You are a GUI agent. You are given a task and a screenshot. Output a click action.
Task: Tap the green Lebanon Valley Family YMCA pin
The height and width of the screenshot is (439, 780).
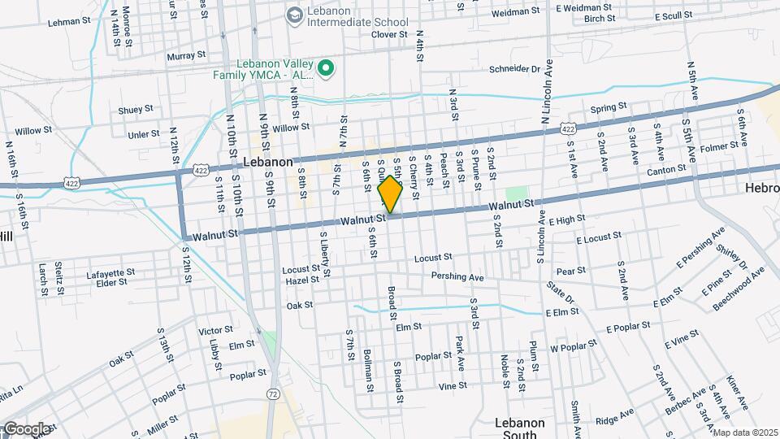pyautogui.click(x=326, y=68)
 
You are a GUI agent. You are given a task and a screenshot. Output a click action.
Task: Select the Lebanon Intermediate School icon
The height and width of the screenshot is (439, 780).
pyautogui.click(x=292, y=14)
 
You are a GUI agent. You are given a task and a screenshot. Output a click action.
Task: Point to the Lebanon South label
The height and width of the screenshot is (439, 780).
pyautogui.click(x=520, y=428)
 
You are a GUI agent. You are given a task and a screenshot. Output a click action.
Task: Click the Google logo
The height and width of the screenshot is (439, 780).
pyautogui.click(x=26, y=429)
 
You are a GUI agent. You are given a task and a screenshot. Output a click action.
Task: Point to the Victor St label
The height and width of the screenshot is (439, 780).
pyautogui.click(x=215, y=331)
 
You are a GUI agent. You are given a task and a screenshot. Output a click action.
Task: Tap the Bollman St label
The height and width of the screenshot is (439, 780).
pyautogui.click(x=368, y=367)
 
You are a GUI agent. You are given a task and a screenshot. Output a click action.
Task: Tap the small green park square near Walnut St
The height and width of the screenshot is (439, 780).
pyautogui.click(x=516, y=194)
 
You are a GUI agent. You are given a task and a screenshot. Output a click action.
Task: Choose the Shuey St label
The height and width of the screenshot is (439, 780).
pyautogui.click(x=136, y=109)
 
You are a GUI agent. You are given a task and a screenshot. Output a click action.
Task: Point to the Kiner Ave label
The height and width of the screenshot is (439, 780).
pyautogui.click(x=738, y=393)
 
